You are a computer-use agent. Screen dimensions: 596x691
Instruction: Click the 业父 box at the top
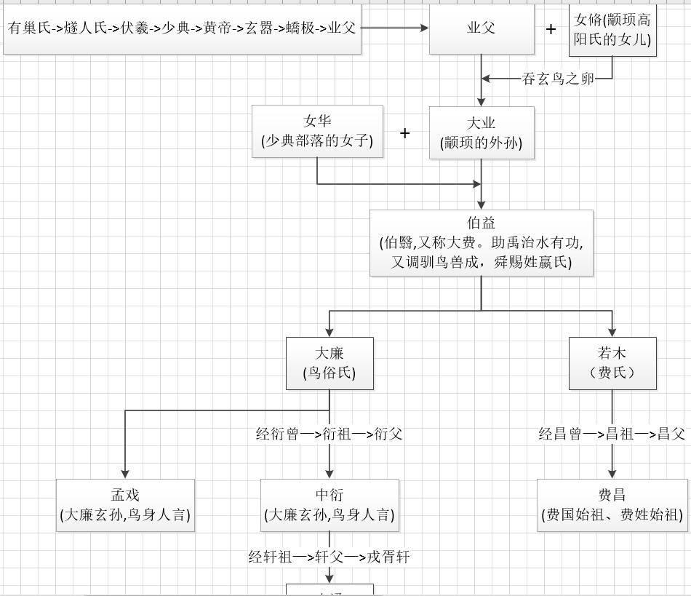click(481, 28)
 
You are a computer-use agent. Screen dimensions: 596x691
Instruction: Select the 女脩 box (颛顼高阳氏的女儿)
click(612, 30)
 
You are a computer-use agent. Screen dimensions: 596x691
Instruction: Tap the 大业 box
click(481, 133)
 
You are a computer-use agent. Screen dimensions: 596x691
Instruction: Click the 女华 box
click(317, 131)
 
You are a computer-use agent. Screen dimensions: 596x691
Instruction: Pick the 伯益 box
click(481, 243)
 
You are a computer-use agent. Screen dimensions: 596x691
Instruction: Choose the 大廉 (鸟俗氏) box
click(329, 363)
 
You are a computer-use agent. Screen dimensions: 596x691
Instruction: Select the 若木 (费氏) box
click(612, 363)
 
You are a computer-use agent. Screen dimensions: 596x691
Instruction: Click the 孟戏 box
click(125, 505)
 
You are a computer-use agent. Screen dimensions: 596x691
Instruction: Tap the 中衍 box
click(329, 505)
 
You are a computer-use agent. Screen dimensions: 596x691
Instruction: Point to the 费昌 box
click(612, 505)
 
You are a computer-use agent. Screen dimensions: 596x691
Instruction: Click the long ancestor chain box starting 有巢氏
click(182, 28)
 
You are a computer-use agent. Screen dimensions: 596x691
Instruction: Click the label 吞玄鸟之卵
click(558, 79)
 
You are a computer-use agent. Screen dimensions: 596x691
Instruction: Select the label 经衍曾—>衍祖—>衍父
click(329, 434)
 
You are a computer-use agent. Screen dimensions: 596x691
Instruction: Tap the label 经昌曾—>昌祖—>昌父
click(612, 434)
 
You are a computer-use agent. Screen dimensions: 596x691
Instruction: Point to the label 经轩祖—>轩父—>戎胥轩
click(329, 557)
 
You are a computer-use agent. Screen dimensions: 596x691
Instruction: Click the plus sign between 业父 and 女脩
click(551, 29)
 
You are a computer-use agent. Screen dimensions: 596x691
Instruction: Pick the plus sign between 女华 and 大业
click(405, 133)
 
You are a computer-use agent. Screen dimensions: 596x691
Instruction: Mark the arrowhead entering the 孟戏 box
click(125, 474)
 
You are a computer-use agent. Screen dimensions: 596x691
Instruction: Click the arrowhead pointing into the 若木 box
click(612, 332)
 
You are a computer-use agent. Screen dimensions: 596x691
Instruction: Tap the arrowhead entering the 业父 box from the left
click(424, 28)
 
